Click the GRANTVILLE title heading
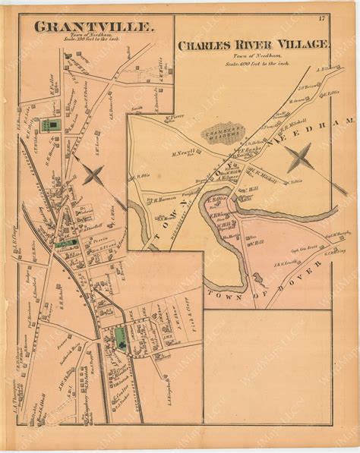[x=93, y=27]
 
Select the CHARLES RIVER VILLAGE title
[x=254, y=45]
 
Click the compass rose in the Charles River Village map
[x=297, y=159]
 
